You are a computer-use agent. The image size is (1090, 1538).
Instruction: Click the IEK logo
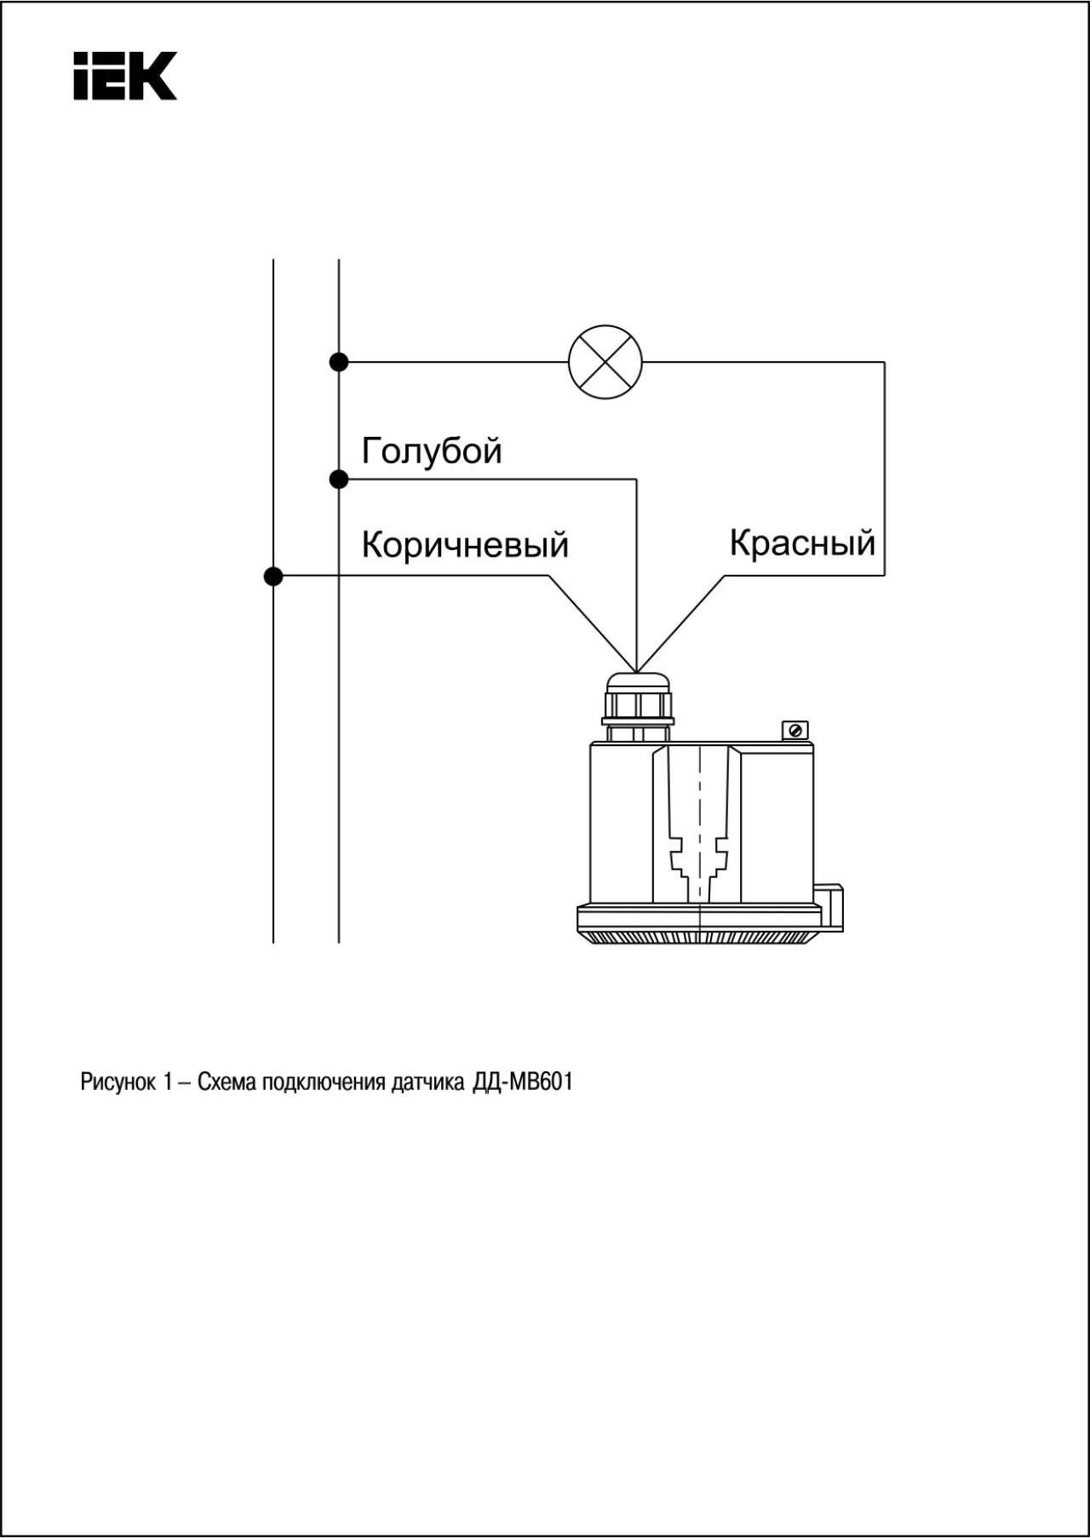pos(125,76)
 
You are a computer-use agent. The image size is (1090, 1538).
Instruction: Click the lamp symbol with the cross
pos(605,362)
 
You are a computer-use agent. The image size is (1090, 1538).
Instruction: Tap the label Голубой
pos(432,451)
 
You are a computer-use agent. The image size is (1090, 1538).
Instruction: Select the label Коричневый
pos(465,544)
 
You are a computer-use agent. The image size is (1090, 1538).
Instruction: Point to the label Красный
pos(802,542)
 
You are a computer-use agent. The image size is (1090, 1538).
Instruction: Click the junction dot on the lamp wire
pos(339,362)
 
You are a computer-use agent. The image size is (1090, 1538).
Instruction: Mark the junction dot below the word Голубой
pos(339,479)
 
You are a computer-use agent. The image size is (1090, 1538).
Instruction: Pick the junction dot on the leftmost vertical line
pos(273,577)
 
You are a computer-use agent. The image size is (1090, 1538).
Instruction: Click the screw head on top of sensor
pos(795,731)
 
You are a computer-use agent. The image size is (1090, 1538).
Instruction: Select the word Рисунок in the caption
pos(118,1082)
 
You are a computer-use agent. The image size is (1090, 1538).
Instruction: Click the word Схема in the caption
pos(227,1082)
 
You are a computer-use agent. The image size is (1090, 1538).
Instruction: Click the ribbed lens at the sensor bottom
pos(700,937)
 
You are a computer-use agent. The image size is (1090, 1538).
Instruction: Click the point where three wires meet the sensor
pos(636,669)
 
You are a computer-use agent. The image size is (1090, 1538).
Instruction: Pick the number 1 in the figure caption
pos(168,1082)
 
